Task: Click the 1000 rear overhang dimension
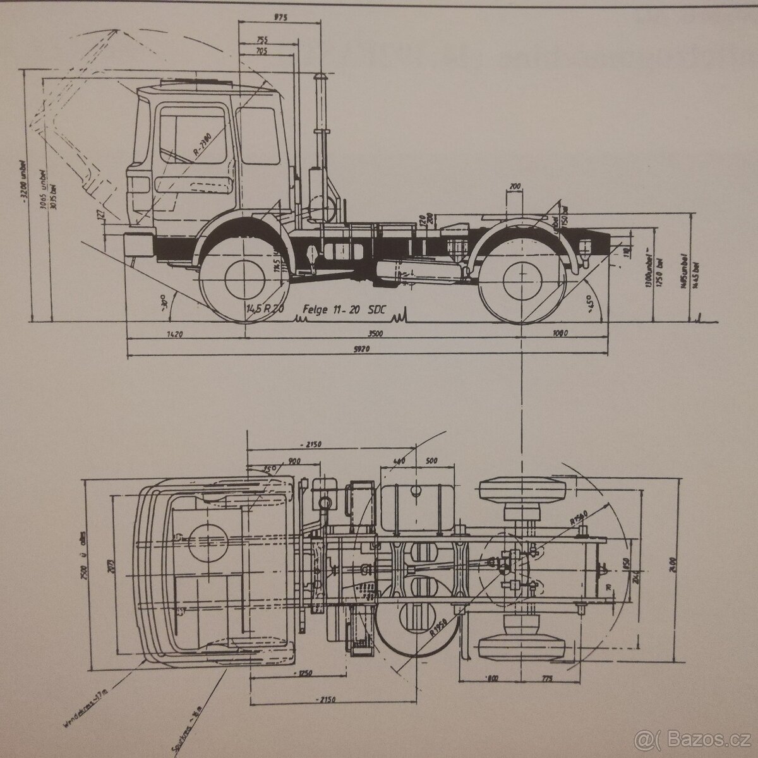click(x=559, y=333)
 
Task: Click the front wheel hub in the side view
click(x=243, y=278)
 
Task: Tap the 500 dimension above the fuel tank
click(x=431, y=460)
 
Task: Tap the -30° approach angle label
click(x=166, y=303)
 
